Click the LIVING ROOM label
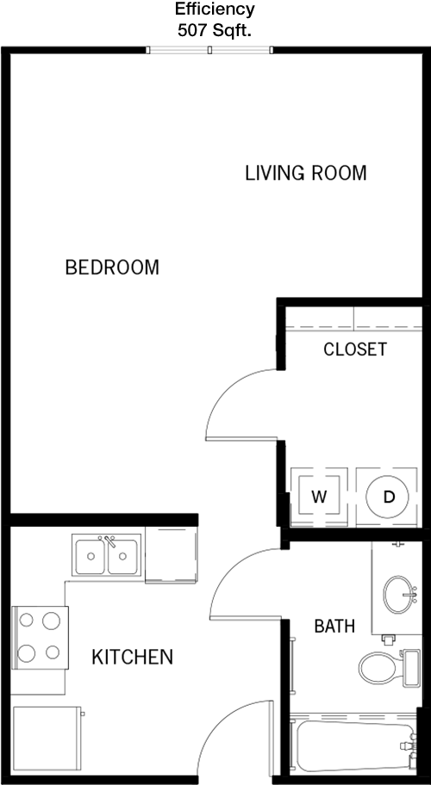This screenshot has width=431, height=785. coord(306,173)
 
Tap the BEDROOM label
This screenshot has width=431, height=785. coord(112,268)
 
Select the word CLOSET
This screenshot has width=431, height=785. coord(355,349)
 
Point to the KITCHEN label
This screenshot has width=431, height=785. coord(132,657)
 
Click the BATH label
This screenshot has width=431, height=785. coord(334,626)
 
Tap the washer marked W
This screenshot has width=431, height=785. coord(319,497)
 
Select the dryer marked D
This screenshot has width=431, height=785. coord(387,497)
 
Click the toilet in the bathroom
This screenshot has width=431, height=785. coord(389,668)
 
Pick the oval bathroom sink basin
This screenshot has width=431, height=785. coord(399,594)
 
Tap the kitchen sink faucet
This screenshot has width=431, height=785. coord(109,541)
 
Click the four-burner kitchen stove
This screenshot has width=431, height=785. coord(39,637)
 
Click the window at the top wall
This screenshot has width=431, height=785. coord(209,50)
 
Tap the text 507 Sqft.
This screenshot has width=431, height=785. coord(214,30)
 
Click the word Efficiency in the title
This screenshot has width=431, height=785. coord(215,9)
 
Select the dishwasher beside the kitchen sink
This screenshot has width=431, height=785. coord(172,554)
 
